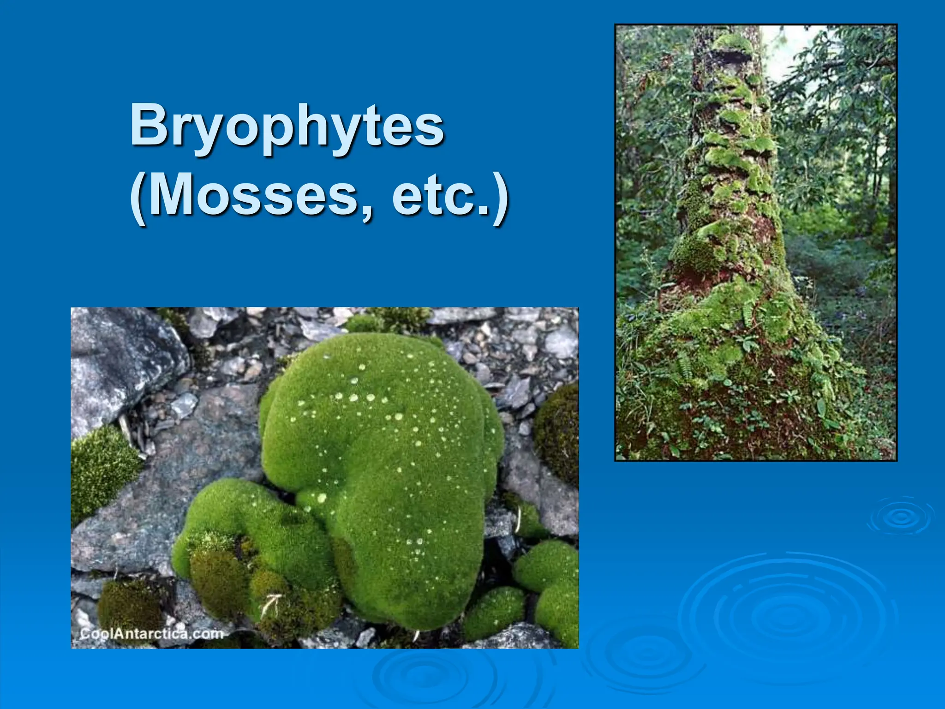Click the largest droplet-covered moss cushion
click(388, 462)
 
